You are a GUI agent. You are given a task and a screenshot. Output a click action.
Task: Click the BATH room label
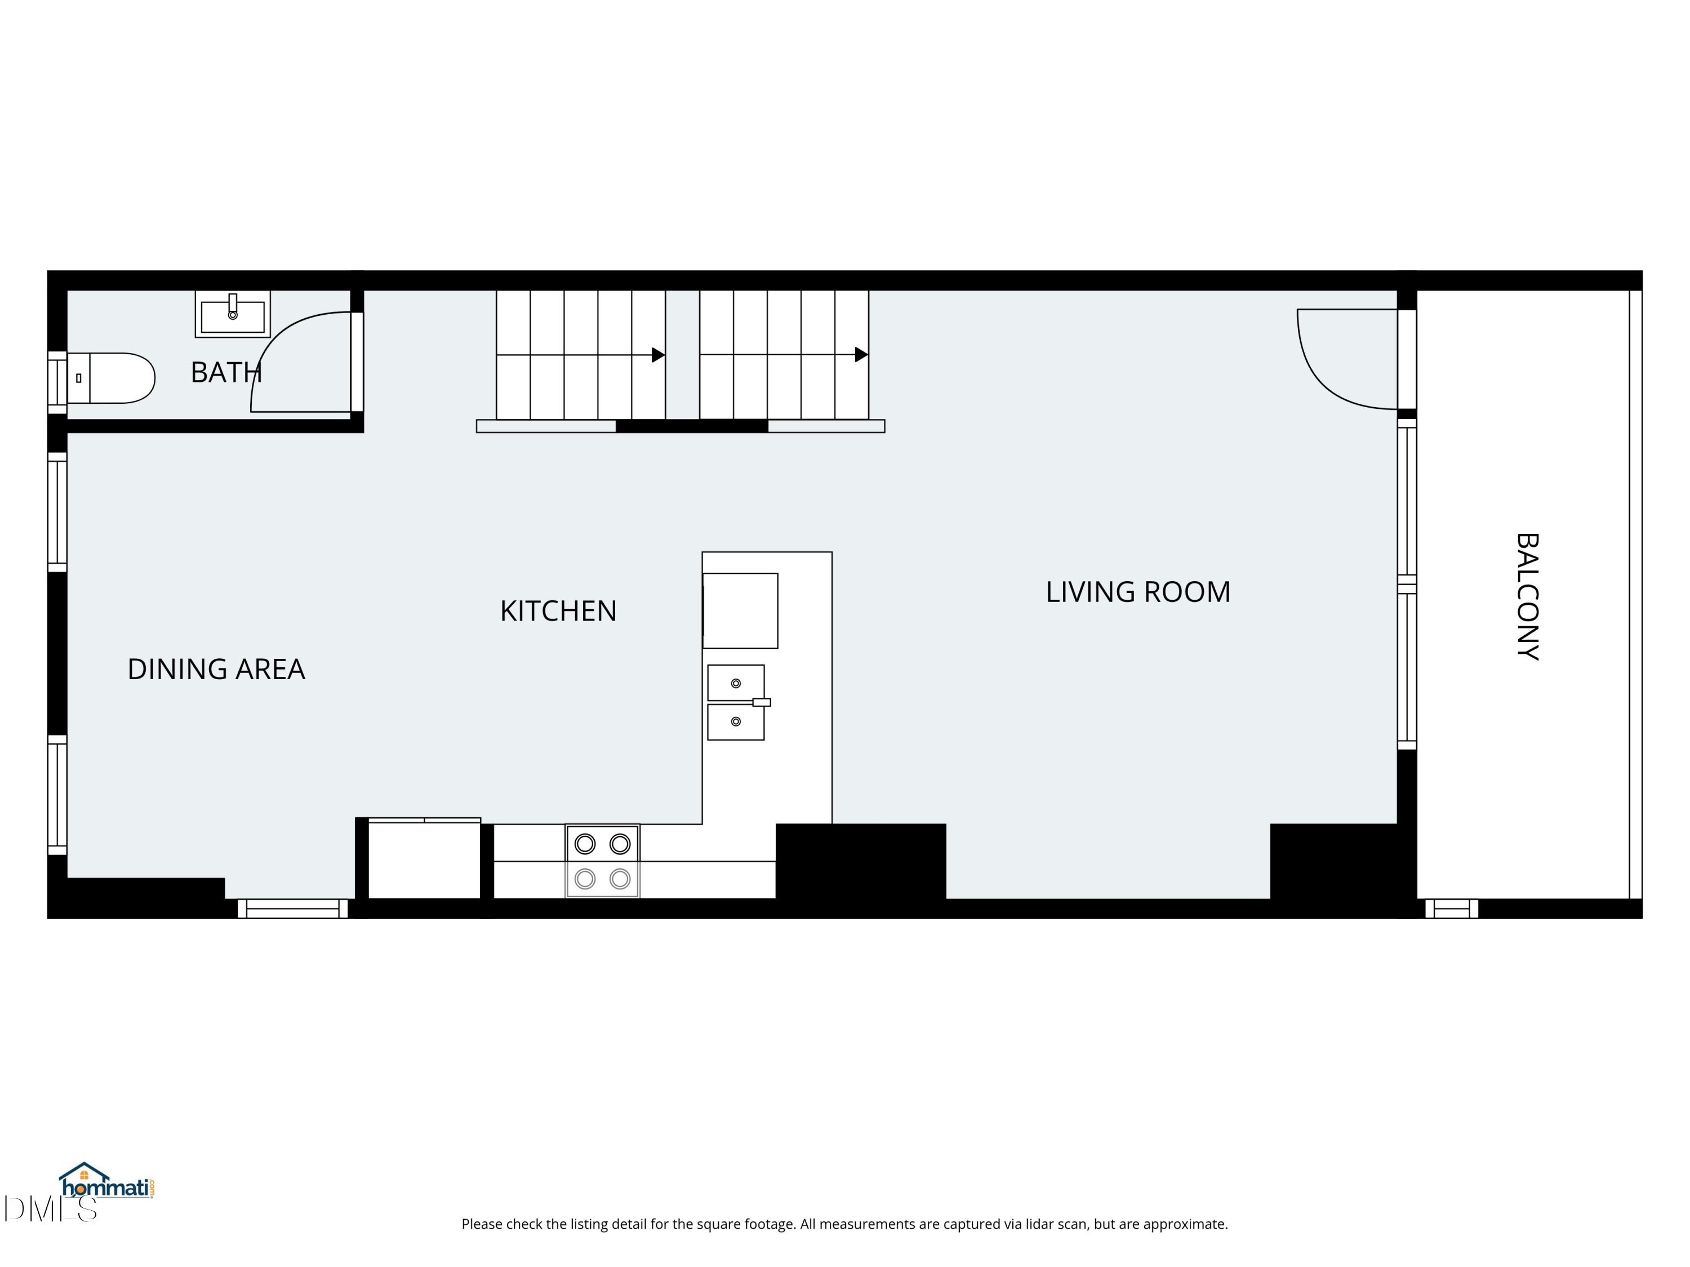point(226,373)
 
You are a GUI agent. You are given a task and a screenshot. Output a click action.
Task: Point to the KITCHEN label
point(558,611)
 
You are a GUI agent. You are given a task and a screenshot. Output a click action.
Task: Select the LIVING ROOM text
point(1137,592)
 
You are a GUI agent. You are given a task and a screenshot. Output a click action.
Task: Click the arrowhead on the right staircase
point(861,355)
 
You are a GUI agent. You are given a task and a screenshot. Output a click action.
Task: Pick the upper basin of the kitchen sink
point(736,682)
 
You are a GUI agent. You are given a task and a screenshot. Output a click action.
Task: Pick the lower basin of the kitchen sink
point(736,722)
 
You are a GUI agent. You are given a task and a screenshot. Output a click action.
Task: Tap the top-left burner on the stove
point(585,844)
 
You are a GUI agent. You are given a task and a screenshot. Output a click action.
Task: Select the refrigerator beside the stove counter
point(424,860)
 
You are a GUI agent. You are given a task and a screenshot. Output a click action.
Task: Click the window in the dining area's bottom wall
point(292,909)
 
